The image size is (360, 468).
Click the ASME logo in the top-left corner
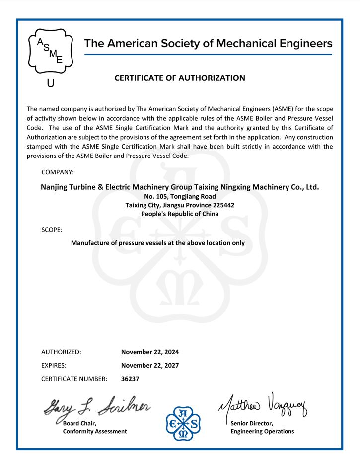[47, 51]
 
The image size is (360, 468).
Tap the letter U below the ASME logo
[50, 83]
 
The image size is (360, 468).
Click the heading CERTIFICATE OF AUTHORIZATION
[180, 78]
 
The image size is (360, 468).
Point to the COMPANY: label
[58, 172]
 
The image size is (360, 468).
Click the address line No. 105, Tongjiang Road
[180, 196]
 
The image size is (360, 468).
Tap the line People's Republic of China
[180, 214]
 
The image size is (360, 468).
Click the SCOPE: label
[52, 230]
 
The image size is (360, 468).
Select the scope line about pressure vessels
[158, 243]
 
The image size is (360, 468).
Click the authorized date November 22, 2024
[150, 352]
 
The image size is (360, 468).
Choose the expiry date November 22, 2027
[150, 365]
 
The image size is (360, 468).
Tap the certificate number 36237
[130, 379]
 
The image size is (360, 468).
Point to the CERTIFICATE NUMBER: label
[74, 379]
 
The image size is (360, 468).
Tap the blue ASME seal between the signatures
[182, 424]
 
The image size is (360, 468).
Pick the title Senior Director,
[252, 423]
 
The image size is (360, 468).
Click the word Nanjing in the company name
[55, 187]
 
